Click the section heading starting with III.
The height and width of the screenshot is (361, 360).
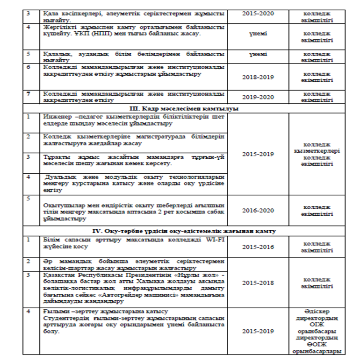pyautogui.click(x=181, y=109)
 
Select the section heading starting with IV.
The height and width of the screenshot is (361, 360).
pyautogui.click(x=181, y=231)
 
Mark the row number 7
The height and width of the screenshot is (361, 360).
pyautogui.click(x=29, y=93)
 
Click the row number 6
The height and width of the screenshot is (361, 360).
pyautogui.click(x=29, y=67)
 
